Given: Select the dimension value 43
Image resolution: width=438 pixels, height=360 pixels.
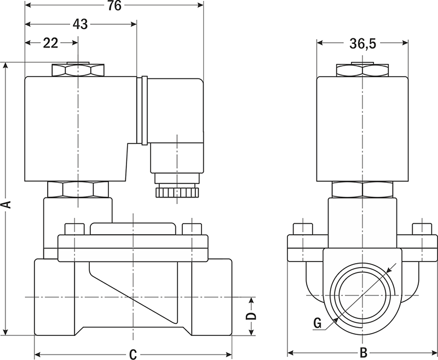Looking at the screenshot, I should pyautogui.click(x=80, y=24).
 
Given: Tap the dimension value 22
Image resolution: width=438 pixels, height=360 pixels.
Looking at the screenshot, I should pyautogui.click(x=50, y=44).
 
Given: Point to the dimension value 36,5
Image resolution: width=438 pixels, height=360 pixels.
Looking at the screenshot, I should pyautogui.click(x=363, y=44).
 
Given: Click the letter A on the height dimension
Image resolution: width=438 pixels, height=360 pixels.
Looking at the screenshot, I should pyautogui.click(x=6, y=204).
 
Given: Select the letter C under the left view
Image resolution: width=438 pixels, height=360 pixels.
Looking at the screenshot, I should pyautogui.click(x=132, y=354).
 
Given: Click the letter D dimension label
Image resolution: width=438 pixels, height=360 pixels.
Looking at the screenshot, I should pyautogui.click(x=250, y=317).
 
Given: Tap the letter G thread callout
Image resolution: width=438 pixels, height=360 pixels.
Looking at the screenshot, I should pyautogui.click(x=317, y=323).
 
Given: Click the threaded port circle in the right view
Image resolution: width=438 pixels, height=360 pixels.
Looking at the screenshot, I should pyautogui.click(x=362, y=299).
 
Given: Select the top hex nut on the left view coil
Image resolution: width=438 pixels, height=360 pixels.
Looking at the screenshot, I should pyautogui.click(x=78, y=71).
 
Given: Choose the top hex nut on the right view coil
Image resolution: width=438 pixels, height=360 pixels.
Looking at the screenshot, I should pyautogui.click(x=362, y=71).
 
